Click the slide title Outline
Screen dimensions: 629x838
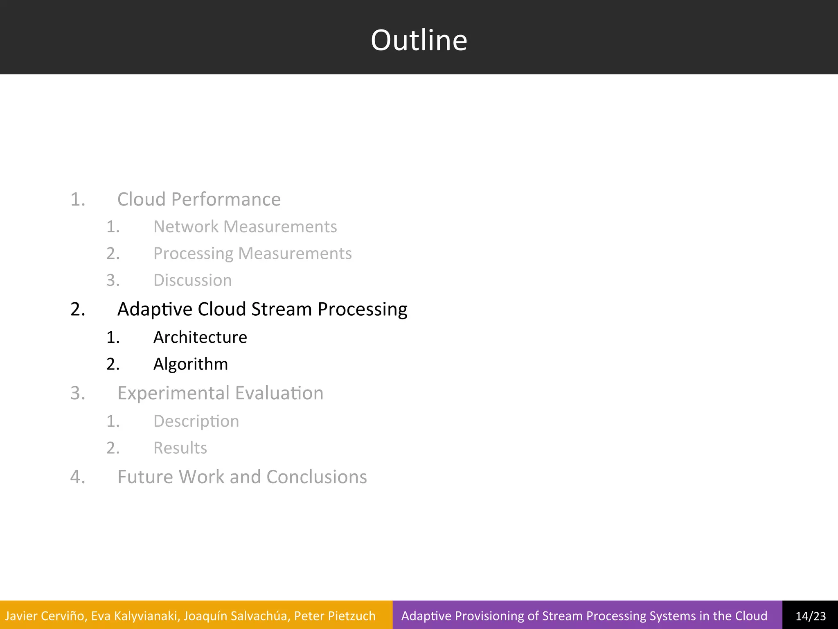click(419, 40)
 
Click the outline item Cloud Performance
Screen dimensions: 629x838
click(199, 199)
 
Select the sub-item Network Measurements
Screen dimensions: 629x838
click(245, 226)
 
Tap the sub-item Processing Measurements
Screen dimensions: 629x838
click(252, 253)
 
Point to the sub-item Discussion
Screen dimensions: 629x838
click(192, 281)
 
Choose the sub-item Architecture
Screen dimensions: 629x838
click(200, 337)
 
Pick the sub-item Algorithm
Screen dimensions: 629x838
click(190, 364)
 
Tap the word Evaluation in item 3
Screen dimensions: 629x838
click(279, 393)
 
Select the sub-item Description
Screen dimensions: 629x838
click(196, 421)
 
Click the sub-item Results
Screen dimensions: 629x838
click(180, 448)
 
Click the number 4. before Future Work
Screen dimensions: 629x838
click(78, 477)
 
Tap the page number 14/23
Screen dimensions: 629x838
click(810, 616)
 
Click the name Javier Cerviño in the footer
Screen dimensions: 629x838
click(45, 616)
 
